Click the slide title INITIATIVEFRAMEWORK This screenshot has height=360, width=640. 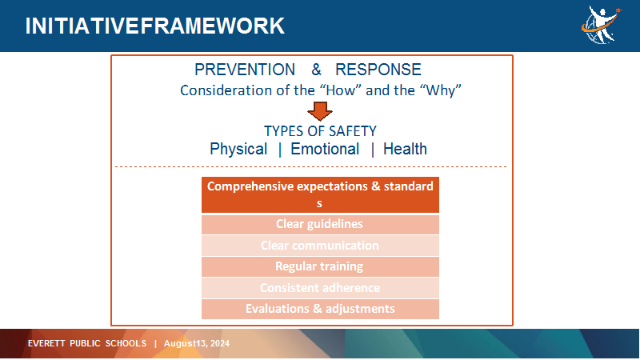tap(154, 26)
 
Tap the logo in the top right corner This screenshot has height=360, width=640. tap(602, 25)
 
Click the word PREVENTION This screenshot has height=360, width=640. tap(245, 70)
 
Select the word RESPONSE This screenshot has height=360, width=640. tap(378, 70)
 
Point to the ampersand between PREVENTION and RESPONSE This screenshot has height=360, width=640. tap(316, 70)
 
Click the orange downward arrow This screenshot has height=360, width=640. tap(319, 111)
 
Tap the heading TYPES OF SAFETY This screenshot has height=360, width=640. tap(320, 131)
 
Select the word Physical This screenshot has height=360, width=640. tap(238, 150)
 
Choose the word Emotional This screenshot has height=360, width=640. tap(325, 150)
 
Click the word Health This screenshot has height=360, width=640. tap(405, 150)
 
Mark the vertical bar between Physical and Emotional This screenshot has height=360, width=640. tap(279, 150)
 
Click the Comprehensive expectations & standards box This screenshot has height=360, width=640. tap(321, 194)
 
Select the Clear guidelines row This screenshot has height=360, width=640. tap(321, 224)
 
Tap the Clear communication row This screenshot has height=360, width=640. tap(321, 246)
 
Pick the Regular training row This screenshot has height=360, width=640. tap(321, 266)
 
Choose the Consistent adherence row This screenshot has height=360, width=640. tap(321, 288)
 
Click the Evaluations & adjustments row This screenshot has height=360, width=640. tap(321, 309)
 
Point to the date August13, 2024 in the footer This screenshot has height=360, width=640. tap(197, 344)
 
